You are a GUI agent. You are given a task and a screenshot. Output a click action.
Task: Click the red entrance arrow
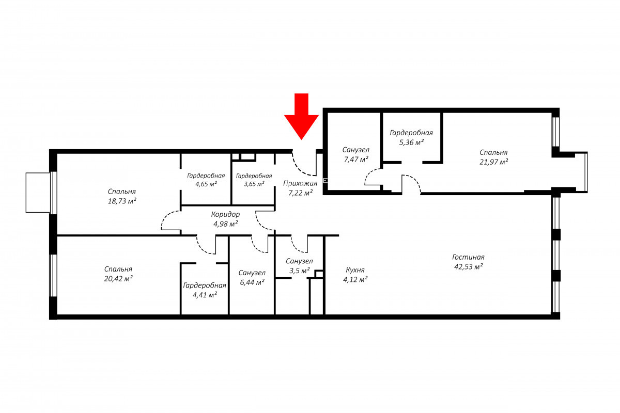click(301, 116)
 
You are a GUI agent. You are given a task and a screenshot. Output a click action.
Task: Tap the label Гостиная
click(468, 257)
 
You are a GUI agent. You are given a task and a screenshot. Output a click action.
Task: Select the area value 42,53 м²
click(468, 267)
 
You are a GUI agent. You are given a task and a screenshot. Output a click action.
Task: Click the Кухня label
click(355, 269)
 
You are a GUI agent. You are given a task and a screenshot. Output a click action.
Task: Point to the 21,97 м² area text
click(493, 162)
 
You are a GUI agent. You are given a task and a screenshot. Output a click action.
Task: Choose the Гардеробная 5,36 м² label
click(411, 137)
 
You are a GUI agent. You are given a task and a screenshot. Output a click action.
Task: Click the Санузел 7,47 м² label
click(355, 155)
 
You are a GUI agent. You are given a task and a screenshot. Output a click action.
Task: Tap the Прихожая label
click(300, 183)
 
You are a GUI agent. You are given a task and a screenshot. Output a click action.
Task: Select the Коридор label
click(225, 214)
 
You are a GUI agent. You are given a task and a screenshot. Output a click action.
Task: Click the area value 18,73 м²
click(122, 201)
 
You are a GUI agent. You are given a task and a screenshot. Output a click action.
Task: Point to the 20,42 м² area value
click(118, 279)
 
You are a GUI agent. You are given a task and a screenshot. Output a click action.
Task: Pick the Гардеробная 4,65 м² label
click(206, 180)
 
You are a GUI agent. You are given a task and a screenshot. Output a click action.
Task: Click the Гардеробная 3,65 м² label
click(254, 180)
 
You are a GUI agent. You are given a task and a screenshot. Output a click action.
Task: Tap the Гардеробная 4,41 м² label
click(205, 290)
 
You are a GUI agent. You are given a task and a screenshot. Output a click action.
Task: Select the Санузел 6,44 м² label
click(252, 277)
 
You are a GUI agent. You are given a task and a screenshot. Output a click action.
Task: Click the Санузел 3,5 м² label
click(299, 266)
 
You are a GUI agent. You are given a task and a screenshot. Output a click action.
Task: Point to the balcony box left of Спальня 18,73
click(38, 193)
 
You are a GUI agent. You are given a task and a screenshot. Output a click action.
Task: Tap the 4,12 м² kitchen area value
click(355, 279)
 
